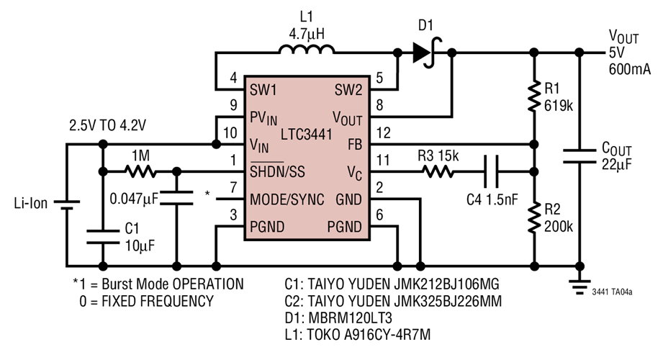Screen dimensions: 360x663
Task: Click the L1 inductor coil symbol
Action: pyautogui.click(x=306, y=50)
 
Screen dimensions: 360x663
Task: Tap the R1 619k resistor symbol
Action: pyautogui.click(x=533, y=96)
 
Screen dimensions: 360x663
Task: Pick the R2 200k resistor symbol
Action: pyautogui.click(x=533, y=217)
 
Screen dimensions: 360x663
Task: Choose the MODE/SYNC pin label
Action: pyautogui.click(x=286, y=199)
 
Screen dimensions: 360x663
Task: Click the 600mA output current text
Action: pyautogui.click(x=631, y=69)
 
